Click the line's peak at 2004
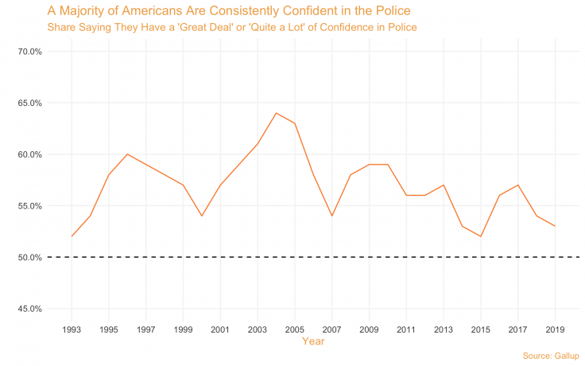[x=276, y=113]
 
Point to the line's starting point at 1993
[x=72, y=236]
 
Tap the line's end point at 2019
[x=555, y=226]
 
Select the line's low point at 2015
[x=480, y=236]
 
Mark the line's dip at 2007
[x=331, y=216]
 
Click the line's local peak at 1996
[x=127, y=154]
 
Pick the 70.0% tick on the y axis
[x=29, y=52]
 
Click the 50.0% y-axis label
[x=29, y=257]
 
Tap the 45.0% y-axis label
[x=29, y=309]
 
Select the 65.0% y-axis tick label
[x=29, y=103]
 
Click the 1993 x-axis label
[x=72, y=328]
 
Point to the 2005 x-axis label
[x=294, y=328]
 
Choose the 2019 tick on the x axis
[x=555, y=328]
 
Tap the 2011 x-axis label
[x=406, y=328]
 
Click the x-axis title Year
[x=313, y=341]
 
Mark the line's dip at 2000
[x=202, y=216]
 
